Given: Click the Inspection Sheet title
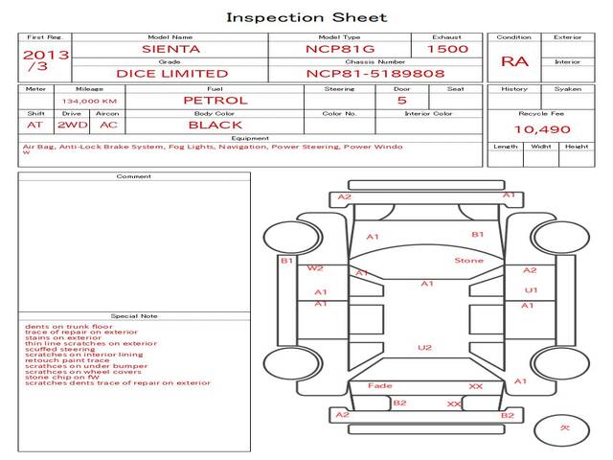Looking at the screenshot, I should [306, 17].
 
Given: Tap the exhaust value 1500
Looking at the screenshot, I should [447, 48].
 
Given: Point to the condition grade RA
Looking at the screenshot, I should [513, 61].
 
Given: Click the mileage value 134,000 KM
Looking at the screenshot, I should [89, 101].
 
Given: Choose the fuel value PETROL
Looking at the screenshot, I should [215, 100].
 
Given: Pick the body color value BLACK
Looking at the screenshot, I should [215, 125].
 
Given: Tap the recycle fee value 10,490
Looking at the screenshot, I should [541, 129].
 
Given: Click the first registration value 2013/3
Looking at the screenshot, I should [45, 60].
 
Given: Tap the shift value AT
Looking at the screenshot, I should [34, 125].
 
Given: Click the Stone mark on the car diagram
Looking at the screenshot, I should [468, 260].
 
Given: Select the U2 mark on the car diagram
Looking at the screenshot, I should [424, 347].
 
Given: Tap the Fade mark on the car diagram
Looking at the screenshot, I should [379, 385].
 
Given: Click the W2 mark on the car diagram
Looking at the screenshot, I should [315, 269].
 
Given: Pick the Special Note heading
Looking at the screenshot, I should [133, 315].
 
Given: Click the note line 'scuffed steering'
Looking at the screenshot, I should [59, 349].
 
